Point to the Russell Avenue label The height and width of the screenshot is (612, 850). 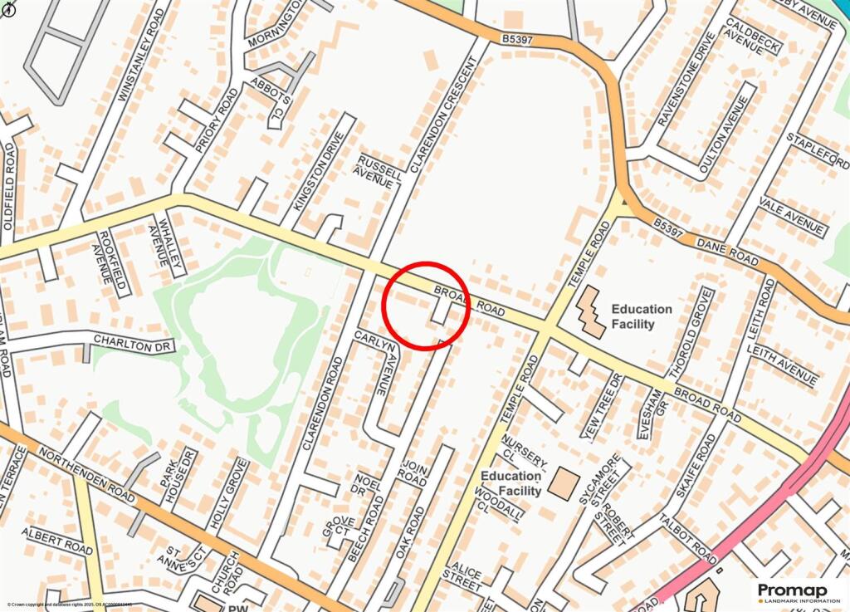pyautogui.click(x=379, y=170)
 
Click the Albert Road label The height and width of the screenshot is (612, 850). pyautogui.click(x=57, y=541)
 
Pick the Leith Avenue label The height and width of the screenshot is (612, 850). pyautogui.click(x=782, y=365)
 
